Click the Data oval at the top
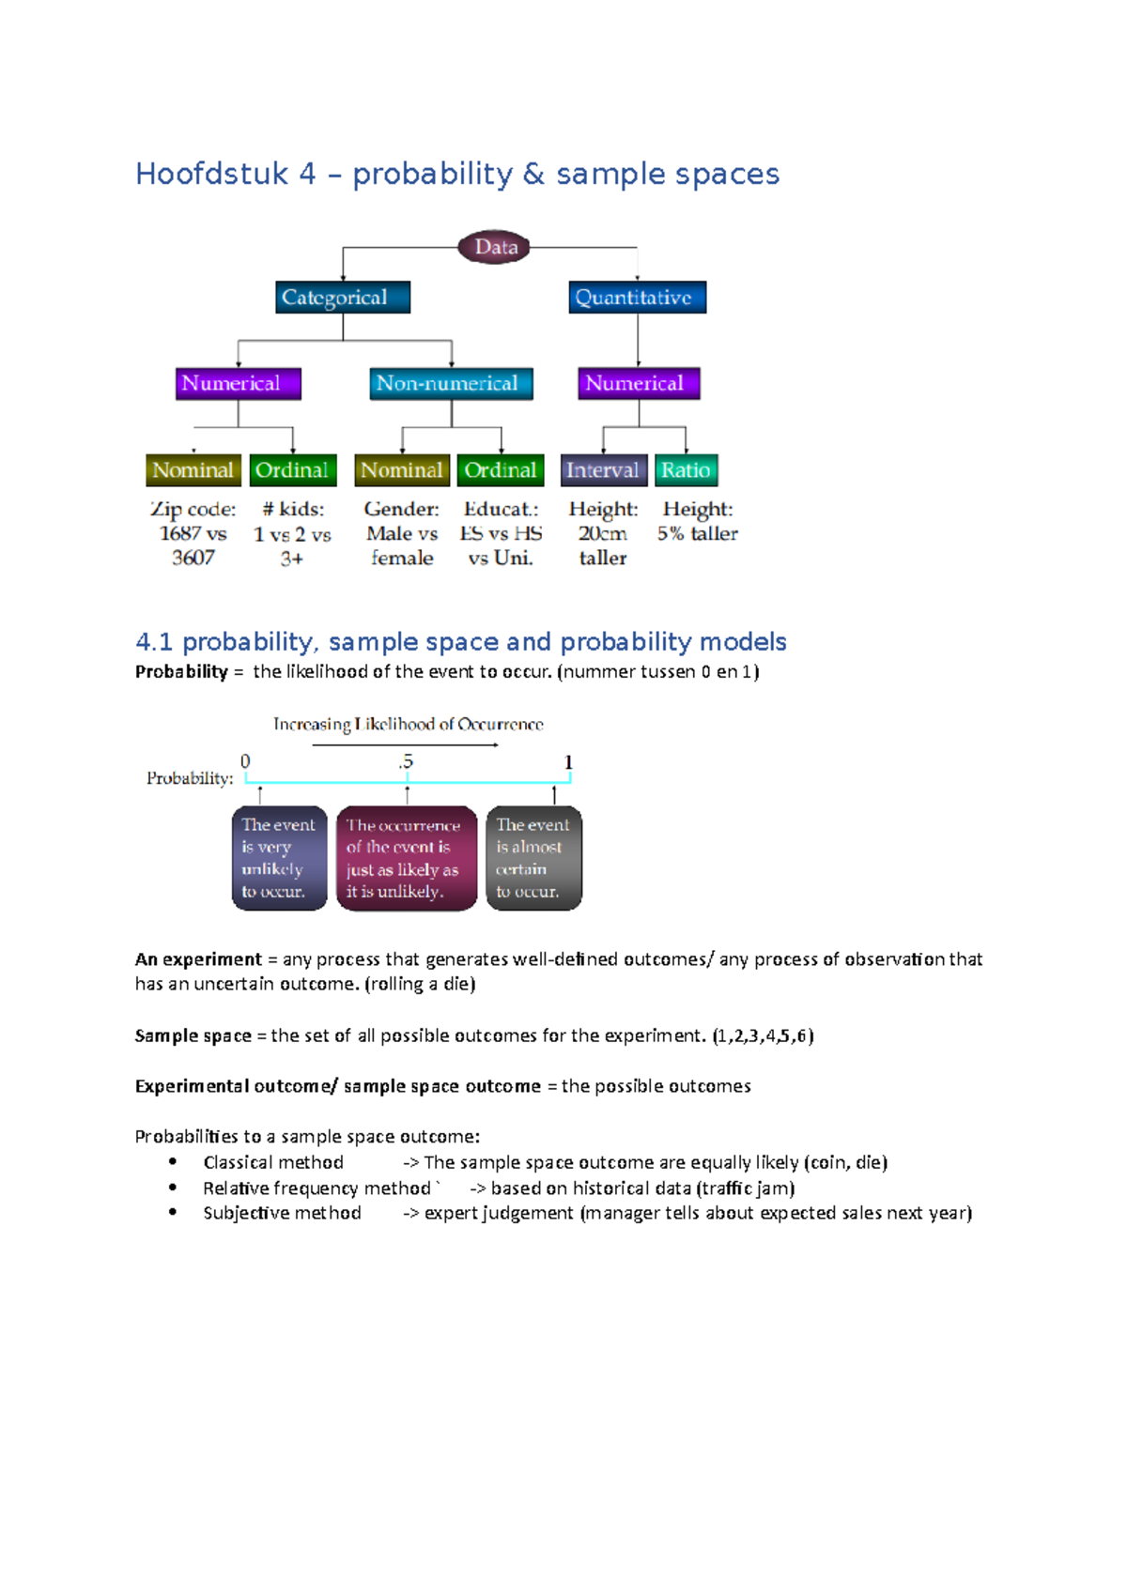pos(495,247)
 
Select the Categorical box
pos(343,298)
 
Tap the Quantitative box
pos(637,298)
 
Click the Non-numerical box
pos(451,383)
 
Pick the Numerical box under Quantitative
pos(639,383)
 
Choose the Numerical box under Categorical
pos(238,383)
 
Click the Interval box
pos(603,470)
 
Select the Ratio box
pos(686,470)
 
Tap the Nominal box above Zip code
pos(193,470)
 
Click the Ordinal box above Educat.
pos(501,470)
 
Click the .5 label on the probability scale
pos(406,761)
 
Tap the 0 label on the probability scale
pos(245,761)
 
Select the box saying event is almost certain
pos(533,858)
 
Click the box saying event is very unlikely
pos(279,858)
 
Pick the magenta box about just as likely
pos(406,858)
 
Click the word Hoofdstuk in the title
pos(212,175)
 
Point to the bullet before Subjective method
pos(173,1212)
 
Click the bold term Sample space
pos(193,1035)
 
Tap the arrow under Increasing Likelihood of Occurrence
pos(405,745)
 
